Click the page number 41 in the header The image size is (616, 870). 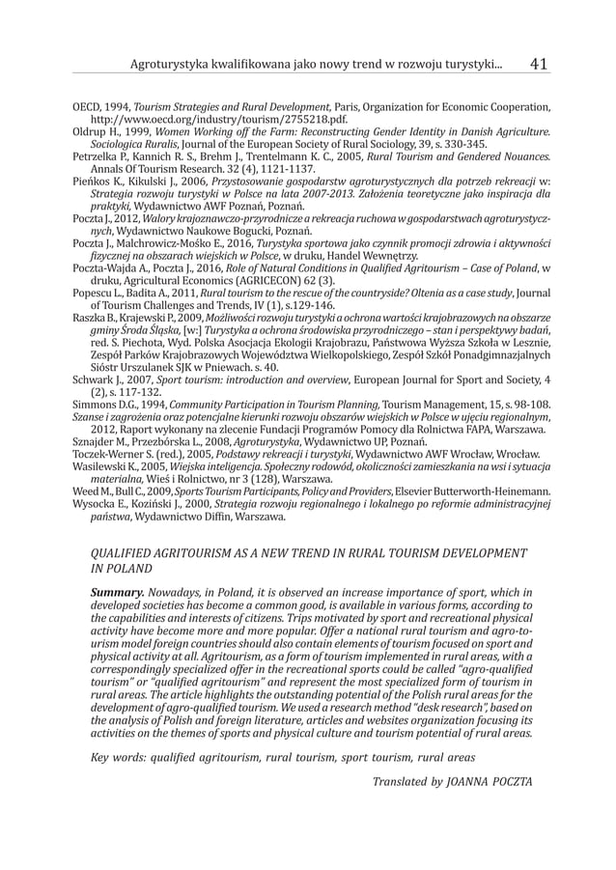pyautogui.click(x=539, y=64)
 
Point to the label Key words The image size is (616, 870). pyautogui.click(x=120, y=757)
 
